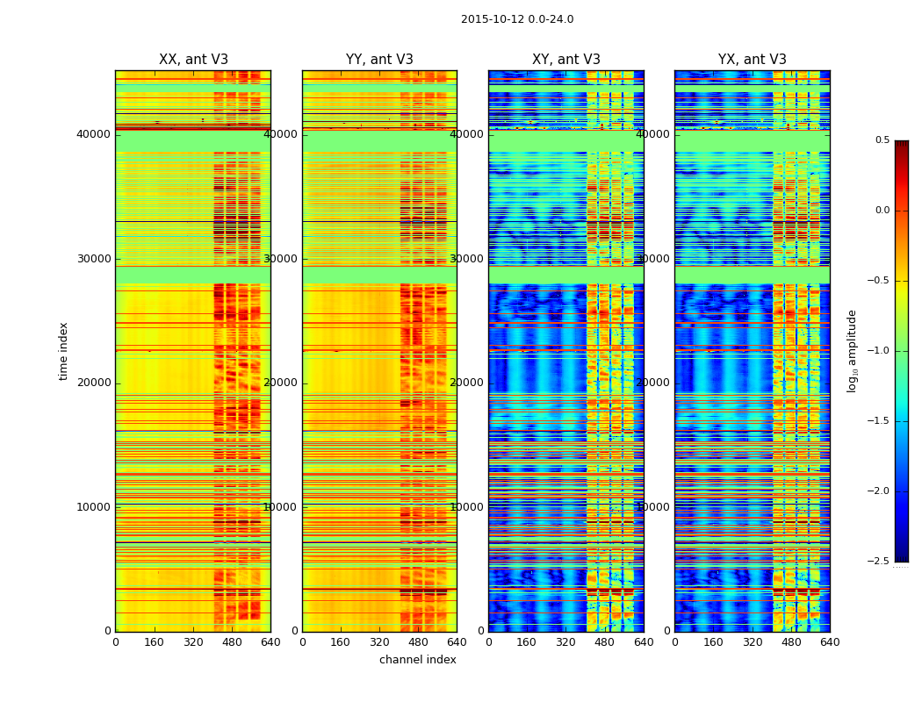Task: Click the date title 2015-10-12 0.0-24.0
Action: [x=517, y=19]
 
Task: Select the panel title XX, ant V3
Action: [x=193, y=60]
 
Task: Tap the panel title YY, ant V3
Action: [x=379, y=60]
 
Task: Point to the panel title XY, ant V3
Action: [x=566, y=60]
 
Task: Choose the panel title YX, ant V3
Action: [x=753, y=60]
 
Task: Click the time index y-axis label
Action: [x=63, y=351]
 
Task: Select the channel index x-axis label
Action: [x=418, y=660]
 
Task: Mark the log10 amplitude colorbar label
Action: [x=852, y=351]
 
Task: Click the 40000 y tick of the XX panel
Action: [x=93, y=134]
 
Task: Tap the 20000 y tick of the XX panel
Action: [x=93, y=383]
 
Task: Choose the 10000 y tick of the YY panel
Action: [x=280, y=507]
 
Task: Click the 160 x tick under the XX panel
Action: [x=154, y=642]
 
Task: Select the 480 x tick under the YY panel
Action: [x=418, y=642]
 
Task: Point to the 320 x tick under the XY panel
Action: [x=566, y=642]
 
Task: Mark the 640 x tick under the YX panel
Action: [x=830, y=642]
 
